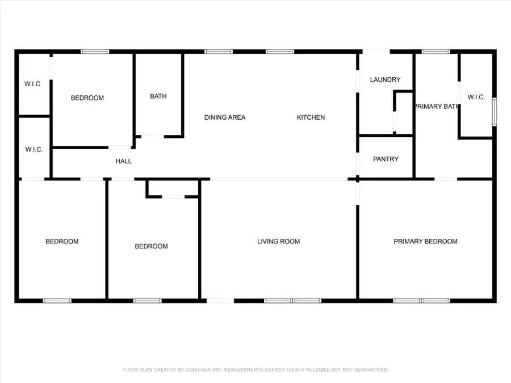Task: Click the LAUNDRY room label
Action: [385, 80]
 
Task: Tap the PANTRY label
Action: [386, 159]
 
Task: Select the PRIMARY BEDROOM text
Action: [425, 242]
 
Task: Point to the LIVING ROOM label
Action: [278, 242]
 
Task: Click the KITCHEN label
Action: [311, 117]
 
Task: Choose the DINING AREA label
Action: [225, 117]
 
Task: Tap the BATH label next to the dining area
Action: [158, 96]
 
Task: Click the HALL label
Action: [124, 161]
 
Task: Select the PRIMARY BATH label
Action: [435, 107]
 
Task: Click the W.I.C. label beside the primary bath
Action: [476, 97]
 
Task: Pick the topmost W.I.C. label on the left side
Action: [32, 85]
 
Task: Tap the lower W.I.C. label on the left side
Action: [33, 150]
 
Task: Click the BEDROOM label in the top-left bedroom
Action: [87, 98]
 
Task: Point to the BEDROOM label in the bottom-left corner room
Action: [62, 242]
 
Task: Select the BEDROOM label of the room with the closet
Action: [151, 246]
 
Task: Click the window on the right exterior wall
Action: [494, 112]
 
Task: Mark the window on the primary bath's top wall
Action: [436, 52]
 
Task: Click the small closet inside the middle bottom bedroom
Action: [173, 188]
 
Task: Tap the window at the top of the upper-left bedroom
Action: [95, 52]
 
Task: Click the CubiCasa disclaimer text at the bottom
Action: [256, 370]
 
